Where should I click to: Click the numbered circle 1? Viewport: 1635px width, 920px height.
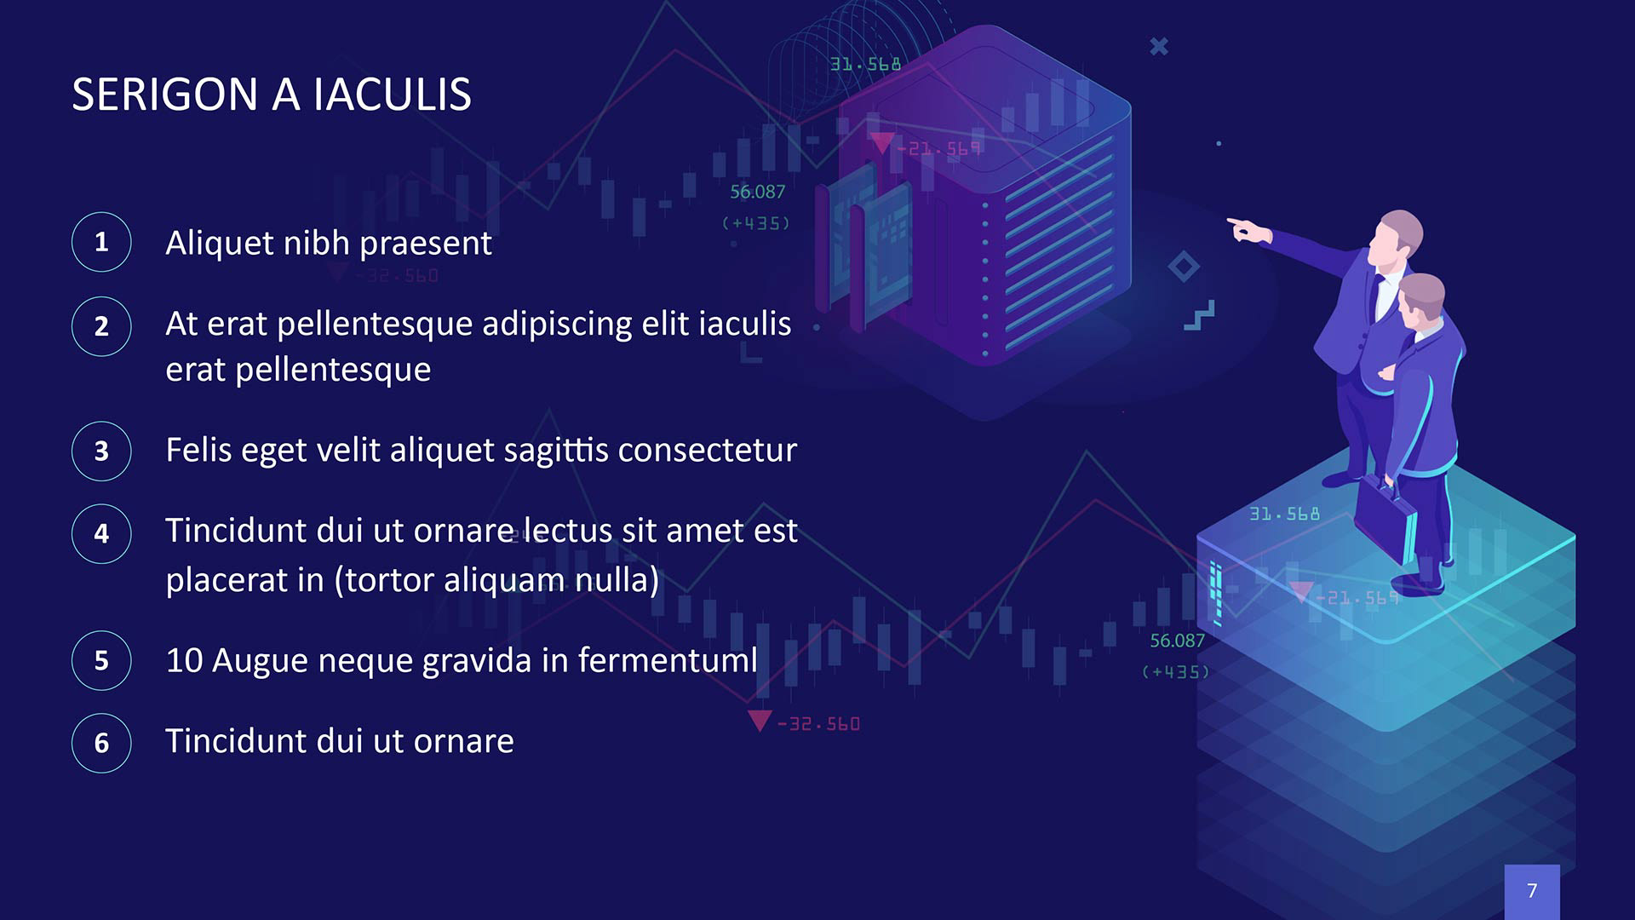[101, 242]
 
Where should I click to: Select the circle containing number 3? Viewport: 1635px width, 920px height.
[101, 451]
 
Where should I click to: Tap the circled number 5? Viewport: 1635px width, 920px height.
[101, 660]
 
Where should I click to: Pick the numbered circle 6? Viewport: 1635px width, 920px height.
[101, 743]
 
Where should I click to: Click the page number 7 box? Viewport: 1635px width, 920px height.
[1532, 891]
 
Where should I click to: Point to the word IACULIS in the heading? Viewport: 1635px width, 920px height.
[392, 94]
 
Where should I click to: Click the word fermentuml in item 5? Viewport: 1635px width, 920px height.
[668, 660]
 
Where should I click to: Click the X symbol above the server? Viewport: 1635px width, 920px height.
[1159, 46]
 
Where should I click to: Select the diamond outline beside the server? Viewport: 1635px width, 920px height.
[1184, 267]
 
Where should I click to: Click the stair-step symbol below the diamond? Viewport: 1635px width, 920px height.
[1200, 315]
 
